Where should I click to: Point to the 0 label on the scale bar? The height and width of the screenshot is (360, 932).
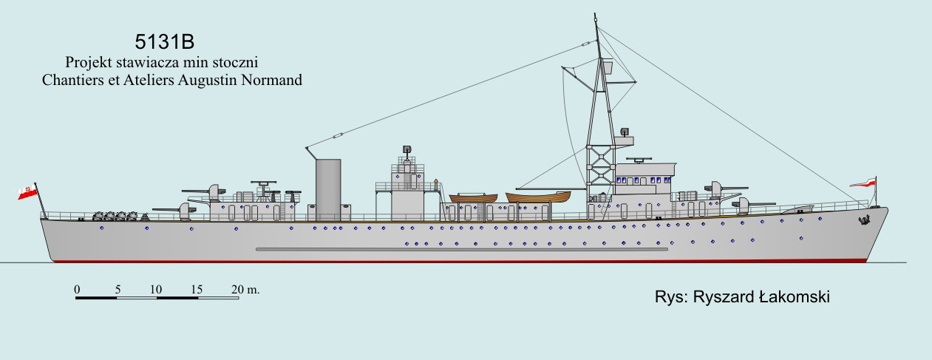[x=76, y=289]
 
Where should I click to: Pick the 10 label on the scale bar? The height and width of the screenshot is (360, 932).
[x=156, y=289]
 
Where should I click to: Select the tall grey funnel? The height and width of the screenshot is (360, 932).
[x=328, y=189]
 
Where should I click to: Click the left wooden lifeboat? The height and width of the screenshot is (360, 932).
[x=476, y=198]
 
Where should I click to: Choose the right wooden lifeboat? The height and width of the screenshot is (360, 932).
[x=538, y=197]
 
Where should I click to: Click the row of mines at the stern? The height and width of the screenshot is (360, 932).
[x=115, y=217]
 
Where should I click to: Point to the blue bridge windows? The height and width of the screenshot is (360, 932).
[x=641, y=179]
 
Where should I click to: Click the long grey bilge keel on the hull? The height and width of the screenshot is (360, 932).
[x=461, y=249]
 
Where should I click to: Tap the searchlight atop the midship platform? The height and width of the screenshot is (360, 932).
[x=407, y=150]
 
